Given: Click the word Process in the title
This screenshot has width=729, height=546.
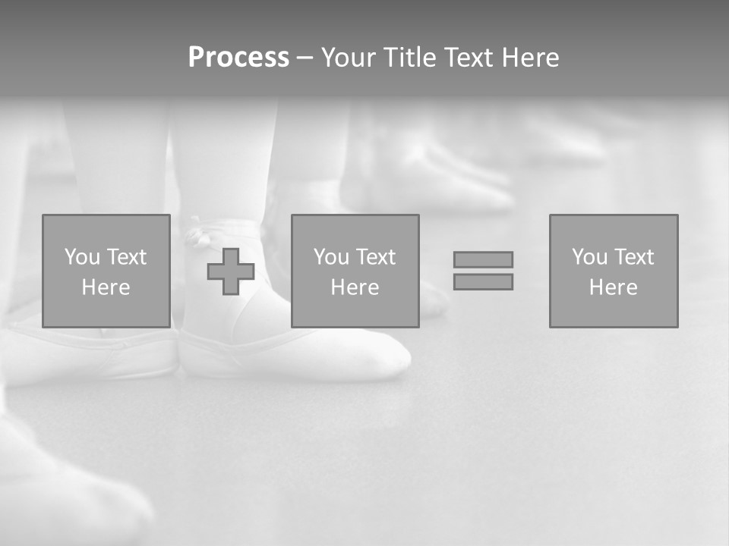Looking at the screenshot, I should click(238, 58).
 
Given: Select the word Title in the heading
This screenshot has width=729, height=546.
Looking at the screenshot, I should click(410, 58).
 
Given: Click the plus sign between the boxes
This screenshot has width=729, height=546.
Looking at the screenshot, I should click(231, 271).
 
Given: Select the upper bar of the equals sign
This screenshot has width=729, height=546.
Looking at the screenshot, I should click(483, 259).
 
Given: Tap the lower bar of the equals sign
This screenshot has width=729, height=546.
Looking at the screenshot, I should click(483, 281).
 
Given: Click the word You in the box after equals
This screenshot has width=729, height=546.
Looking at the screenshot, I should click(589, 257).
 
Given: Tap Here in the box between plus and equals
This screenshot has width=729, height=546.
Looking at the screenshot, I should click(355, 287).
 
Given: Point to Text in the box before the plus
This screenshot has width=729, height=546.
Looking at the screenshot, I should click(126, 257).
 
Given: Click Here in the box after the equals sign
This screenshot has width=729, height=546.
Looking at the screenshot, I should click(614, 287).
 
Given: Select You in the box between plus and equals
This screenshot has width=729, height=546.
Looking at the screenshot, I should click(331, 257).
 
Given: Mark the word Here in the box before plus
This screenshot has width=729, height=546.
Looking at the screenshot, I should click(106, 287).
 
